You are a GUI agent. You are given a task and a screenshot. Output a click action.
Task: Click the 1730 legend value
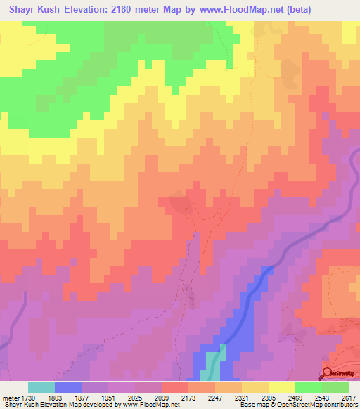point(20,396)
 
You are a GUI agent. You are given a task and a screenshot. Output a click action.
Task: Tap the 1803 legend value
point(58,396)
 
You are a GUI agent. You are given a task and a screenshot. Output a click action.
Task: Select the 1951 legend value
point(110,396)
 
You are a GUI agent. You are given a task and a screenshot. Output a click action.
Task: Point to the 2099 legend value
point(162,396)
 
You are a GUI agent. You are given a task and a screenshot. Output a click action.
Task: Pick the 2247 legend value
point(214,396)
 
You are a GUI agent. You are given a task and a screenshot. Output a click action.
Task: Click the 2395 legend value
point(266,396)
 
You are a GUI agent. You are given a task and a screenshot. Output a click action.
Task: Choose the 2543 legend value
point(319,396)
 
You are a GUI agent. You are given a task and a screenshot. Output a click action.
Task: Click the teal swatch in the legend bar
point(41,387)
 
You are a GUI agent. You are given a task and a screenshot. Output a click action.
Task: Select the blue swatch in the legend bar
point(68,387)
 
